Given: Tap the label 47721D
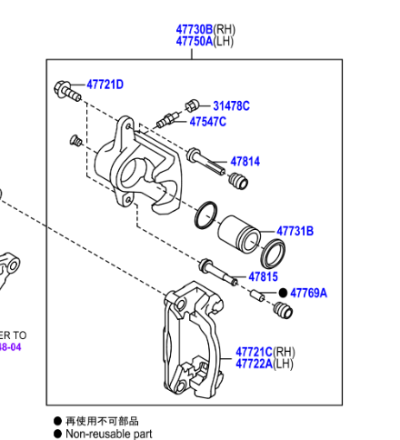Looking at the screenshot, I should click(x=105, y=85).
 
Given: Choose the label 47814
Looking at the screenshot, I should click(x=245, y=162).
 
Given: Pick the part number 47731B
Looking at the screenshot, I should click(x=295, y=232).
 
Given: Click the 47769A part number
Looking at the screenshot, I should click(x=309, y=293).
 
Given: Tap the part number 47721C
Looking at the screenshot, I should click(x=253, y=351).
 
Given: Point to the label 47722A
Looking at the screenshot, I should click(x=253, y=364).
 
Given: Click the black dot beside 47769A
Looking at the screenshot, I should click(x=283, y=293).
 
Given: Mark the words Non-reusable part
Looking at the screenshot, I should click(x=108, y=434).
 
